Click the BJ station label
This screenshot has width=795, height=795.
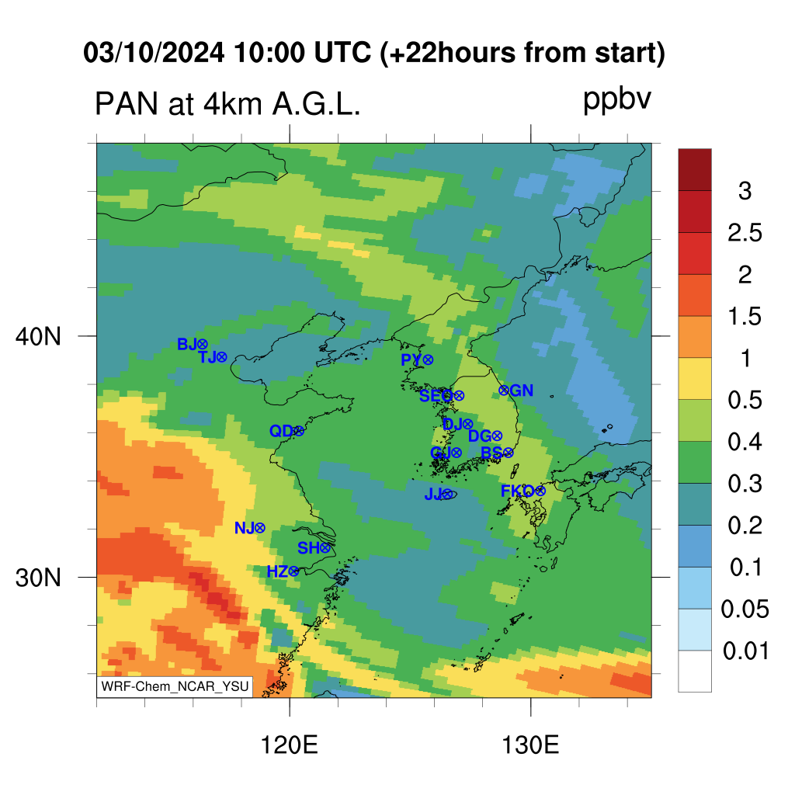187,345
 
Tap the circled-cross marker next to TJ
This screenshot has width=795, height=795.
221,357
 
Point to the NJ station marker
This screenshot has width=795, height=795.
259,528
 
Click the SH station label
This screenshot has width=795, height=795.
308,548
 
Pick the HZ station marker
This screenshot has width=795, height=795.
293,572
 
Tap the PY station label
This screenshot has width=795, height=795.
411,360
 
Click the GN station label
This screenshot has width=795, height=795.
522,391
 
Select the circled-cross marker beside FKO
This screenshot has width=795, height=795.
540,491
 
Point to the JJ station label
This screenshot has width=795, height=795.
433,494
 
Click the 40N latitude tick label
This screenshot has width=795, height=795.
38,336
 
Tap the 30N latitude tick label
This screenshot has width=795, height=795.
38,578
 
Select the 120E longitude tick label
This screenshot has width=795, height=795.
289,745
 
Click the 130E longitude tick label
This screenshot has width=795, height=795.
530,745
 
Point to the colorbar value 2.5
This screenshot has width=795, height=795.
745,233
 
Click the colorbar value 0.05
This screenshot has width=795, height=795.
745,609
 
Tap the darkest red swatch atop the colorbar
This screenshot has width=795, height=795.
695,170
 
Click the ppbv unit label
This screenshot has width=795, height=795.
617,100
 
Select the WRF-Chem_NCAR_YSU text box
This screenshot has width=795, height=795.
175,686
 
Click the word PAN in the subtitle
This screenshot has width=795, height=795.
127,104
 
